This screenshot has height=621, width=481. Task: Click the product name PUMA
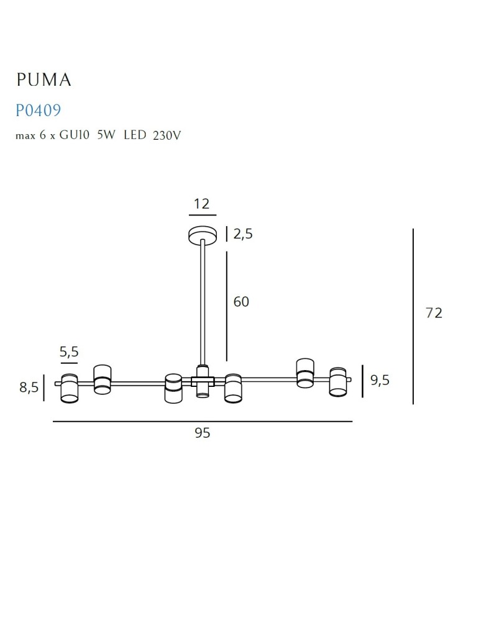[x=44, y=79]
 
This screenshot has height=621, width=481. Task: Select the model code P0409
[x=38, y=111]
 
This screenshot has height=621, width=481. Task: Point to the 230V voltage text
[x=167, y=135]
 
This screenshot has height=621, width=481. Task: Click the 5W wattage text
[x=106, y=135]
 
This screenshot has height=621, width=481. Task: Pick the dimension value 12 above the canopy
[x=202, y=204]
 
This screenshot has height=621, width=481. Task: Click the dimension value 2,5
[x=243, y=234]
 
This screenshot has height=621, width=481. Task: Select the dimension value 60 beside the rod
[x=241, y=302]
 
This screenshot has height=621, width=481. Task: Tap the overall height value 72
[x=434, y=313]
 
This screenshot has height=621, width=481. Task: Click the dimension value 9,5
[x=380, y=380]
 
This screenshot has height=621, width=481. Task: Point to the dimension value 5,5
[x=69, y=352]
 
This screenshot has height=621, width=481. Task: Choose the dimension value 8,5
[x=29, y=388]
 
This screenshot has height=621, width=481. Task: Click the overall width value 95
[x=203, y=433]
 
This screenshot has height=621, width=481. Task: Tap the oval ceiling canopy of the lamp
[x=203, y=235]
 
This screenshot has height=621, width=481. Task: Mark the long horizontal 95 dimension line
[x=203, y=422]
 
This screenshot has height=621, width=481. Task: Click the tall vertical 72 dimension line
[x=413, y=316]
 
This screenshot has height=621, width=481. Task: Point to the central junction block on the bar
[x=203, y=380]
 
